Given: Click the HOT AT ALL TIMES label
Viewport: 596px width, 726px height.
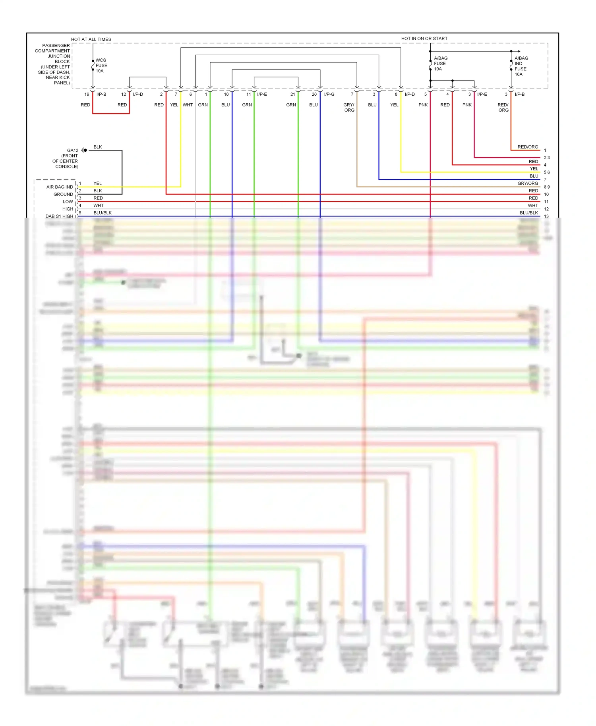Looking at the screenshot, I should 91,39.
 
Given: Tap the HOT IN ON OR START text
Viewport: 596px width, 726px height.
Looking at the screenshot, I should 424,39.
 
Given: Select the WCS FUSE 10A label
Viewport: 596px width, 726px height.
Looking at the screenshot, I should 101,66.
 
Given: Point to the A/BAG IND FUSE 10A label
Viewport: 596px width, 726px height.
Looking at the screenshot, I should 521,66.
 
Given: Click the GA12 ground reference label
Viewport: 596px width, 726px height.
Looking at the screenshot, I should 73,151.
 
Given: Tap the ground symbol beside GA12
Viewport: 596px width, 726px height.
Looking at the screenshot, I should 84,150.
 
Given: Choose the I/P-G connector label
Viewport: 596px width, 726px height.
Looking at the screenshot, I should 329,95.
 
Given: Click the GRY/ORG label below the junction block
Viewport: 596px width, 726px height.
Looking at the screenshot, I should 349,108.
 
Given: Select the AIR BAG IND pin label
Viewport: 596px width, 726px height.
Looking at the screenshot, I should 60,187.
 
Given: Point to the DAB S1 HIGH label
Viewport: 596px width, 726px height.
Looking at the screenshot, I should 59,216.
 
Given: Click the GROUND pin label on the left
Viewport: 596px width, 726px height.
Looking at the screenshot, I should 63,194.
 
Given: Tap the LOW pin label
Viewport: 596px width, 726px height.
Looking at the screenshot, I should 68,202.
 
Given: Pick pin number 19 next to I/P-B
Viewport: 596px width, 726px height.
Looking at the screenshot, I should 87,95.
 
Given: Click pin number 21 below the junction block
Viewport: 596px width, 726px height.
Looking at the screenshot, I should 292,95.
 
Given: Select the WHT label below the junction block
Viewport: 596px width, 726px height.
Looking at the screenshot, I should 188,105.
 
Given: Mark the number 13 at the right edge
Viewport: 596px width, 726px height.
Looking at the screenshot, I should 546,216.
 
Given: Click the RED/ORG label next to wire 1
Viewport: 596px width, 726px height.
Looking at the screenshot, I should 528,147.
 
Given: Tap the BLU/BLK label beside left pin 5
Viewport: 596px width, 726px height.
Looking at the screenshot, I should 103,213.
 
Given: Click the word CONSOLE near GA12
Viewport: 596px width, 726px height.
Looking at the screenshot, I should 67,166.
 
